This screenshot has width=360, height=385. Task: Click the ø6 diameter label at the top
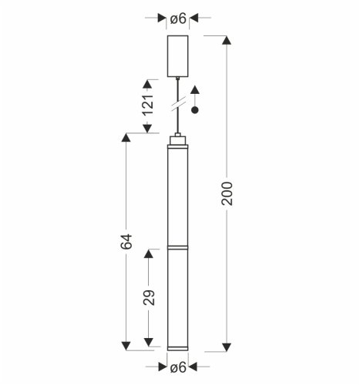pos(178,18)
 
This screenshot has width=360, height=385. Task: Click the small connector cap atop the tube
pos(178,139)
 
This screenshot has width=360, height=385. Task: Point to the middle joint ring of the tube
pos(178,247)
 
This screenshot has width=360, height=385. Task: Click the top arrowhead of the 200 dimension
pos(226,41)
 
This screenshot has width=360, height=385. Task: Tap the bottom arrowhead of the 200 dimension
pos(226,344)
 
